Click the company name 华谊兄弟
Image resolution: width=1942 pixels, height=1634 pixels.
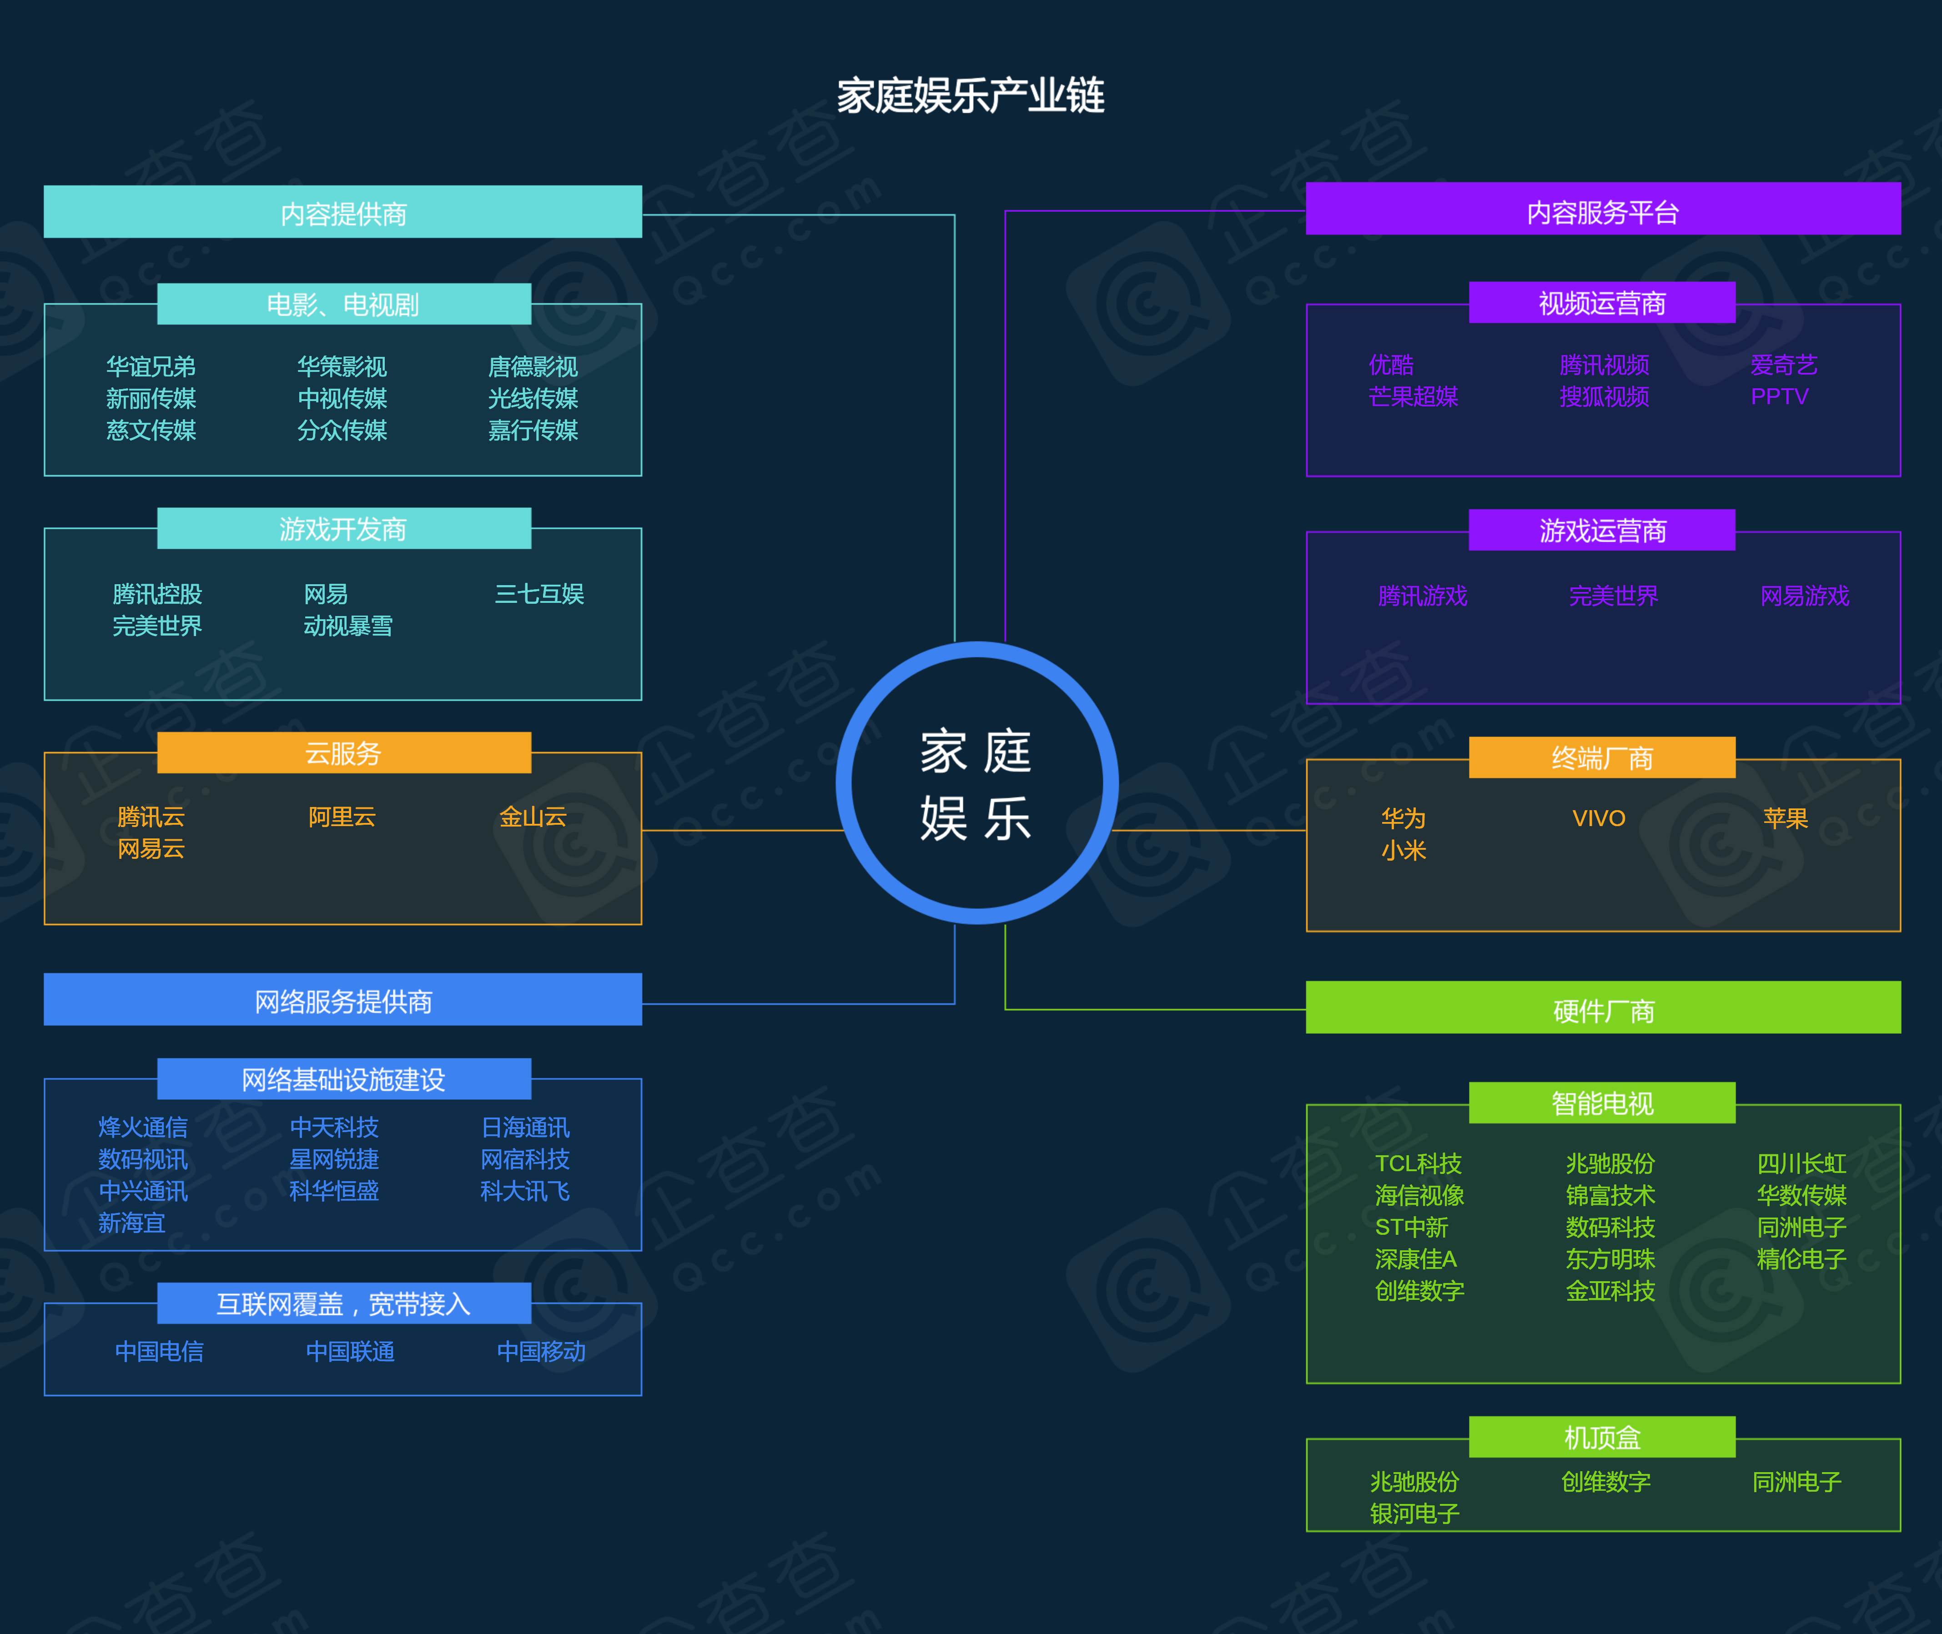[151, 367]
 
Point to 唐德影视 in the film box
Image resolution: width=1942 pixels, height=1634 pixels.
[533, 367]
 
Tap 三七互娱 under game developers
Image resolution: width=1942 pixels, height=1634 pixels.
[539, 594]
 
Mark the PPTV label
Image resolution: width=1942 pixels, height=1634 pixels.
[1779, 396]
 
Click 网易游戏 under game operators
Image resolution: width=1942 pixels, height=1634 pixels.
[1804, 596]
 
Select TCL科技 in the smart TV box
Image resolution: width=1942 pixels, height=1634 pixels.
[1418, 1163]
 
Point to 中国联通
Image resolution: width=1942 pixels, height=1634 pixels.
[350, 1352]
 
